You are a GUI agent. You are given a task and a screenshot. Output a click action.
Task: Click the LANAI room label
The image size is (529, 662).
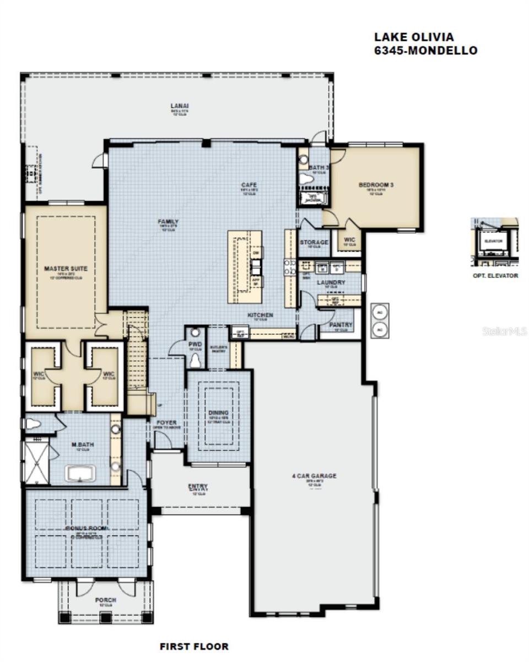click(176, 105)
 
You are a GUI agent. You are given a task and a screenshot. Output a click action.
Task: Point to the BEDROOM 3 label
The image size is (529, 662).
click(376, 185)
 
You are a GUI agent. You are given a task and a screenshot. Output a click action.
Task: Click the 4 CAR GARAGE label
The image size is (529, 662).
click(314, 476)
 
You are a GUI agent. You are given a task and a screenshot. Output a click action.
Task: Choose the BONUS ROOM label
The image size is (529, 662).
click(87, 528)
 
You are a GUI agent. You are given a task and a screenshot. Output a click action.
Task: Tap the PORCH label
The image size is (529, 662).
click(105, 600)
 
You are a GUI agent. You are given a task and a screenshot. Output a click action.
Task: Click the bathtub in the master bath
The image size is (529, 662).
click(80, 473)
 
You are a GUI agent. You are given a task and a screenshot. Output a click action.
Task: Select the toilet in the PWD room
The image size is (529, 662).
click(195, 360)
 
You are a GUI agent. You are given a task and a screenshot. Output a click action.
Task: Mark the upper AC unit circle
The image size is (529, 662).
click(379, 312)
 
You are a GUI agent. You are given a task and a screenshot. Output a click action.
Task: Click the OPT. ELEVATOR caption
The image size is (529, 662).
click(495, 275)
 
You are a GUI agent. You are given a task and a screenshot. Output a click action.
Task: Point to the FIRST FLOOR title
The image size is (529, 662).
click(194, 646)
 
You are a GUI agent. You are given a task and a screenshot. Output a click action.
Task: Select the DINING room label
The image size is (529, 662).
click(218, 413)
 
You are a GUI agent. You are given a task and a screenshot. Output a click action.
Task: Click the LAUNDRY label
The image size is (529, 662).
click(331, 282)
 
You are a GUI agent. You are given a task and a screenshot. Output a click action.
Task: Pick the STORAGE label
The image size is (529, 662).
click(314, 242)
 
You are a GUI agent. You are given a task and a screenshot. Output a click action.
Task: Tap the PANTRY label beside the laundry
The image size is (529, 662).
click(341, 325)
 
